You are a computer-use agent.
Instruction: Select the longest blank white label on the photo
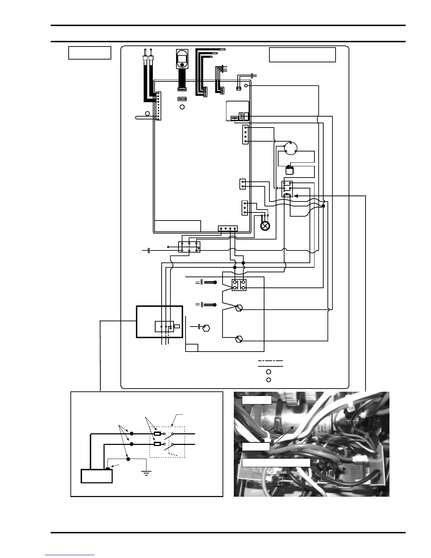tap(276, 463)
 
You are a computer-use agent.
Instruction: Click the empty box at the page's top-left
tap(90, 53)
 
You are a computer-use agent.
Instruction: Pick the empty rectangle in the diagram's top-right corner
tap(302, 55)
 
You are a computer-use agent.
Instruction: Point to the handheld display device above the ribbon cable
tap(182, 59)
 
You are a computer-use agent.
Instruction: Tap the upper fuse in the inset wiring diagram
tap(157, 434)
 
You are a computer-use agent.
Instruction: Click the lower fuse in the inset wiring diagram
tap(157, 444)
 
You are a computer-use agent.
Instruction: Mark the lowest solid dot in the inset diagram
tap(128, 459)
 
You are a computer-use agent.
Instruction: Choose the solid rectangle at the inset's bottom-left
tap(97, 476)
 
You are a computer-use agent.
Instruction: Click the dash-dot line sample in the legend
tap(270, 361)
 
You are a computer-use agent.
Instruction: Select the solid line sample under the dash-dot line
tap(270, 366)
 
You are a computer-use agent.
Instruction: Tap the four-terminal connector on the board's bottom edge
tap(228, 228)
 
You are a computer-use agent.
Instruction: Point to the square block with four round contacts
tap(239, 285)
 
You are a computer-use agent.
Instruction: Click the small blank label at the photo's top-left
tap(257, 400)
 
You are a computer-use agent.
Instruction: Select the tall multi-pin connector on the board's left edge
tap(158, 106)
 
